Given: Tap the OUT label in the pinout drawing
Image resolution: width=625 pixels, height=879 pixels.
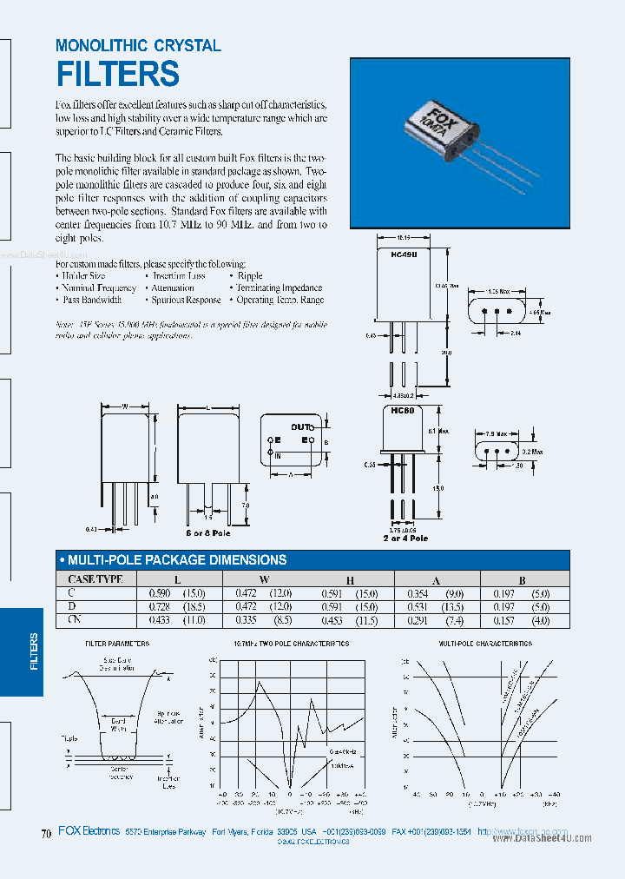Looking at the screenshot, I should (x=300, y=427).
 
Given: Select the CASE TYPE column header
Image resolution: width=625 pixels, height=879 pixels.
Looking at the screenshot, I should (x=95, y=578).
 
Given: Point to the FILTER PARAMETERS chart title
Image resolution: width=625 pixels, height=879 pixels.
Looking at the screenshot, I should (x=117, y=644).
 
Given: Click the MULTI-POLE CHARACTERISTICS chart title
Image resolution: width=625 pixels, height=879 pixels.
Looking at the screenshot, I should (x=485, y=644).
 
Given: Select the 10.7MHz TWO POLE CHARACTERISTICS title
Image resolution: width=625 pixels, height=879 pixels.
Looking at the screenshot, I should (x=291, y=644).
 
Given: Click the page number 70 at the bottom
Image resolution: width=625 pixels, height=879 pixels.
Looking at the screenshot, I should (x=46, y=835).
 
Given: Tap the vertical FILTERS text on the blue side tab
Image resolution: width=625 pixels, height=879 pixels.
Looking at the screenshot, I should (x=34, y=651).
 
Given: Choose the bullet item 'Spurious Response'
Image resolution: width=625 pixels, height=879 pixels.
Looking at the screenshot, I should (x=186, y=300).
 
